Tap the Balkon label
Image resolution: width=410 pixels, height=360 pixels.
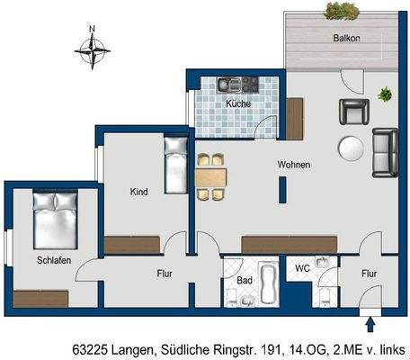345,39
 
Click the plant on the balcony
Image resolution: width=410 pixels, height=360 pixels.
340,11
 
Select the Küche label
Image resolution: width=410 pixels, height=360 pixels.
237,103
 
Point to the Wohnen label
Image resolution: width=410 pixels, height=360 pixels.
294,165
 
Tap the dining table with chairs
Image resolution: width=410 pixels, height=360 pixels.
211,176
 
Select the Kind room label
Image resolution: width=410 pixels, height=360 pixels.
138,192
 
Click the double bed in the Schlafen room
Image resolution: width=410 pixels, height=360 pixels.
55,220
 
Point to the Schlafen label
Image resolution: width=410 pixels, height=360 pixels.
53,260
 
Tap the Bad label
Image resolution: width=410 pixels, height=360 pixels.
244,280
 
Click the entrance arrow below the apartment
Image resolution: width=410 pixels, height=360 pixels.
370,323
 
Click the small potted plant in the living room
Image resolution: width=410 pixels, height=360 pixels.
386,93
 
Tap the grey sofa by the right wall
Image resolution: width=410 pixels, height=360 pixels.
386,152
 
